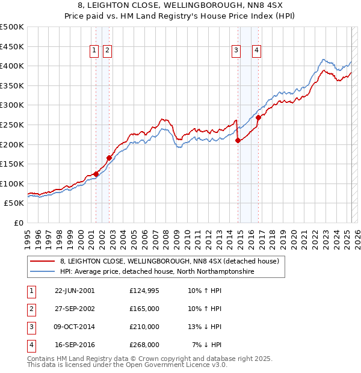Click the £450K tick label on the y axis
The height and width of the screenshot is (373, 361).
pyautogui.click(x=12, y=46)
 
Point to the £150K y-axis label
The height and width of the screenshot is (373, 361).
pyautogui.click(x=12, y=164)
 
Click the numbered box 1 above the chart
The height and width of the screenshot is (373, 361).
pyautogui.click(x=95, y=51)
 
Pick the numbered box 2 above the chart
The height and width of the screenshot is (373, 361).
pyautogui.click(x=107, y=51)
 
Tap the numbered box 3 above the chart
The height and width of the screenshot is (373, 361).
pyautogui.click(x=236, y=51)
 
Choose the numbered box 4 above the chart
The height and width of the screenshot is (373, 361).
pyautogui.click(x=256, y=51)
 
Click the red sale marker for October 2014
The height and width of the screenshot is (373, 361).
pyautogui.click(x=238, y=141)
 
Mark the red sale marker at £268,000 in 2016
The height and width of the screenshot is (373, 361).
pyautogui.click(x=258, y=118)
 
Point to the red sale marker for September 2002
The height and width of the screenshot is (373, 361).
pyautogui.click(x=109, y=158)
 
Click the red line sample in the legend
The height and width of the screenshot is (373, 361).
pyautogui.click(x=42, y=262)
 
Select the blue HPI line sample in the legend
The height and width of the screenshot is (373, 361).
pyautogui.click(x=42, y=272)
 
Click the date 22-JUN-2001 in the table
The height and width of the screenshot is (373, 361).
pyautogui.click(x=75, y=291)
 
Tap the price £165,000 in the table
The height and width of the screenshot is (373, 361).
pyautogui.click(x=144, y=309)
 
